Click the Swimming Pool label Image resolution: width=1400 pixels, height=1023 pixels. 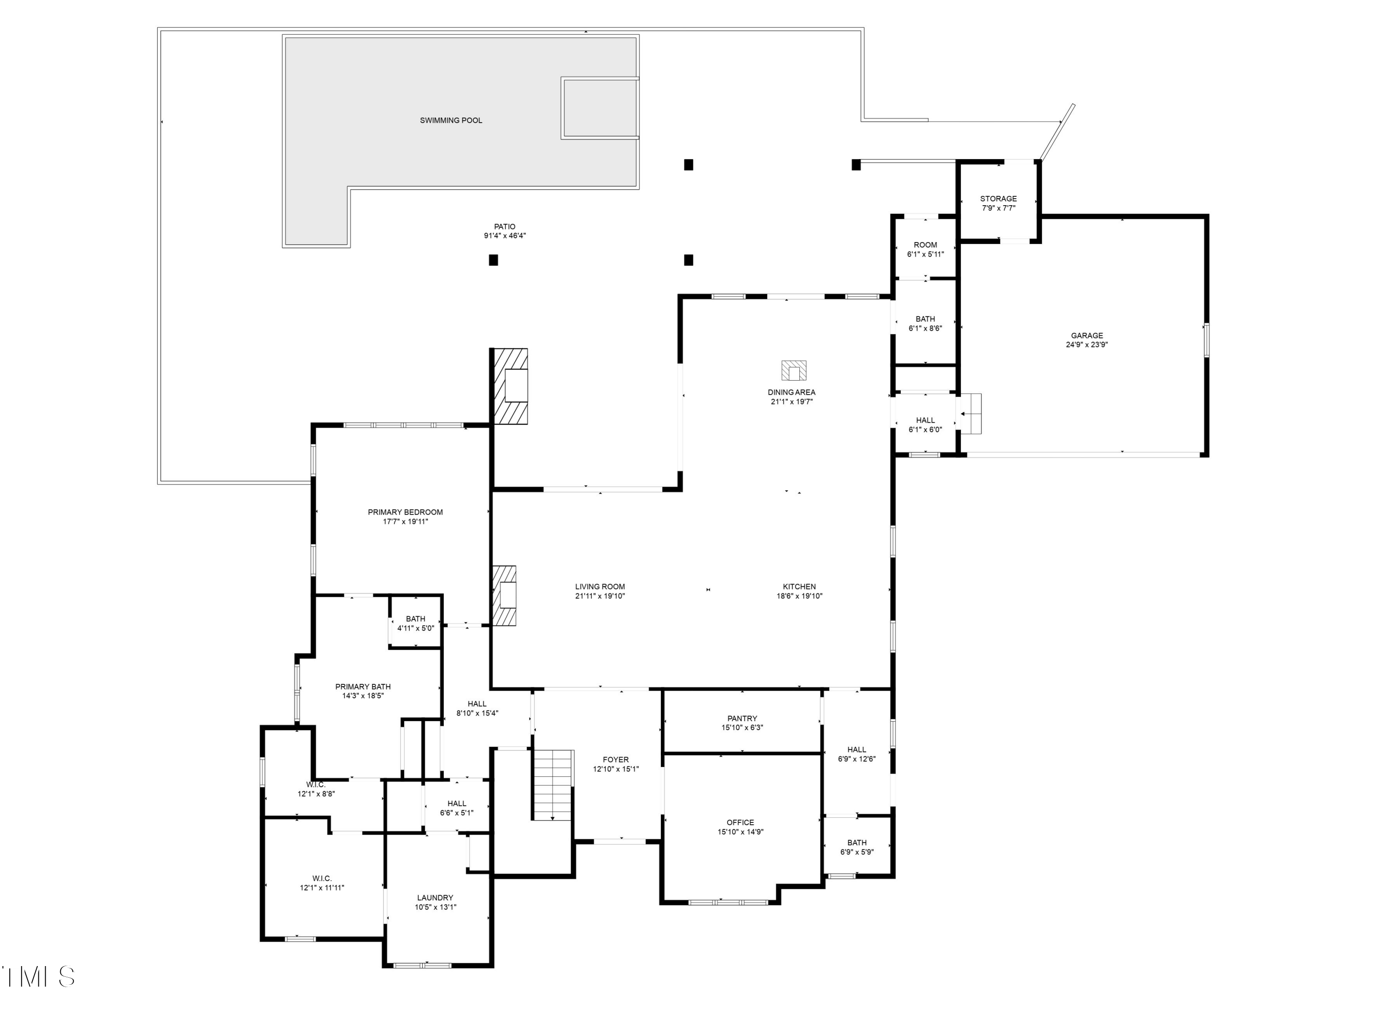tap(450, 120)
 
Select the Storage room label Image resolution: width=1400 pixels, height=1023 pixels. tap(998, 199)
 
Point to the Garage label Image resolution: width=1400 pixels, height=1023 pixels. tap(1086, 335)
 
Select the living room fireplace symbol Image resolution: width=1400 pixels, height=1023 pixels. tap(504, 595)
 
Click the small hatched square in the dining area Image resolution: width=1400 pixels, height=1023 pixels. tap(793, 370)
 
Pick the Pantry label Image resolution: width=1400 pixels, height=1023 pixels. tap(742, 718)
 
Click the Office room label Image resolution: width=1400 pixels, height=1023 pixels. tap(740, 822)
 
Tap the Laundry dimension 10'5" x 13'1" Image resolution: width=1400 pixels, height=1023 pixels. tap(435, 907)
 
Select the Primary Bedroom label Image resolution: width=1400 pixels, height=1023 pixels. tap(405, 512)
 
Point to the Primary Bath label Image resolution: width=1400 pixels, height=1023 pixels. tap(363, 686)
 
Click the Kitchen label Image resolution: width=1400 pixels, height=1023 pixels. tap(799, 586)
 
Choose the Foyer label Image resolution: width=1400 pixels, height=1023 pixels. tap(615, 759)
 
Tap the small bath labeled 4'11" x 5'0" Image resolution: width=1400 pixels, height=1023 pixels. tap(415, 623)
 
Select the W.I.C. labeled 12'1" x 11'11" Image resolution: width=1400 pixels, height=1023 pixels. tap(322, 883)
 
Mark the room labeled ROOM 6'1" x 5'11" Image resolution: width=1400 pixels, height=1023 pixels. tap(925, 249)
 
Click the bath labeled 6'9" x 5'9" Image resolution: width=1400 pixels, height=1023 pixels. tap(857, 847)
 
